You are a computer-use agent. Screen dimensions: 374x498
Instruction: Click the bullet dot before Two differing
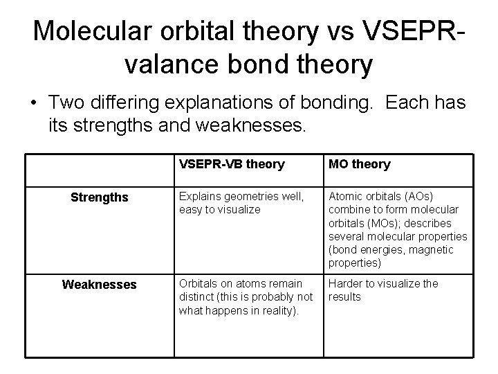coord(33,104)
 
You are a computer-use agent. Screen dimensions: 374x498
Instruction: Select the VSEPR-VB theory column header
coord(231,164)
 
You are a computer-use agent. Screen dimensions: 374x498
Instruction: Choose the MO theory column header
coord(359,164)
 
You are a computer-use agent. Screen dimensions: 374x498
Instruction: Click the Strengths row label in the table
coord(100,197)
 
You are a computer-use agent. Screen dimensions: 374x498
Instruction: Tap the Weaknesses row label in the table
coord(100,285)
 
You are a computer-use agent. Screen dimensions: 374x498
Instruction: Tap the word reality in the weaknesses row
coord(275,310)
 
